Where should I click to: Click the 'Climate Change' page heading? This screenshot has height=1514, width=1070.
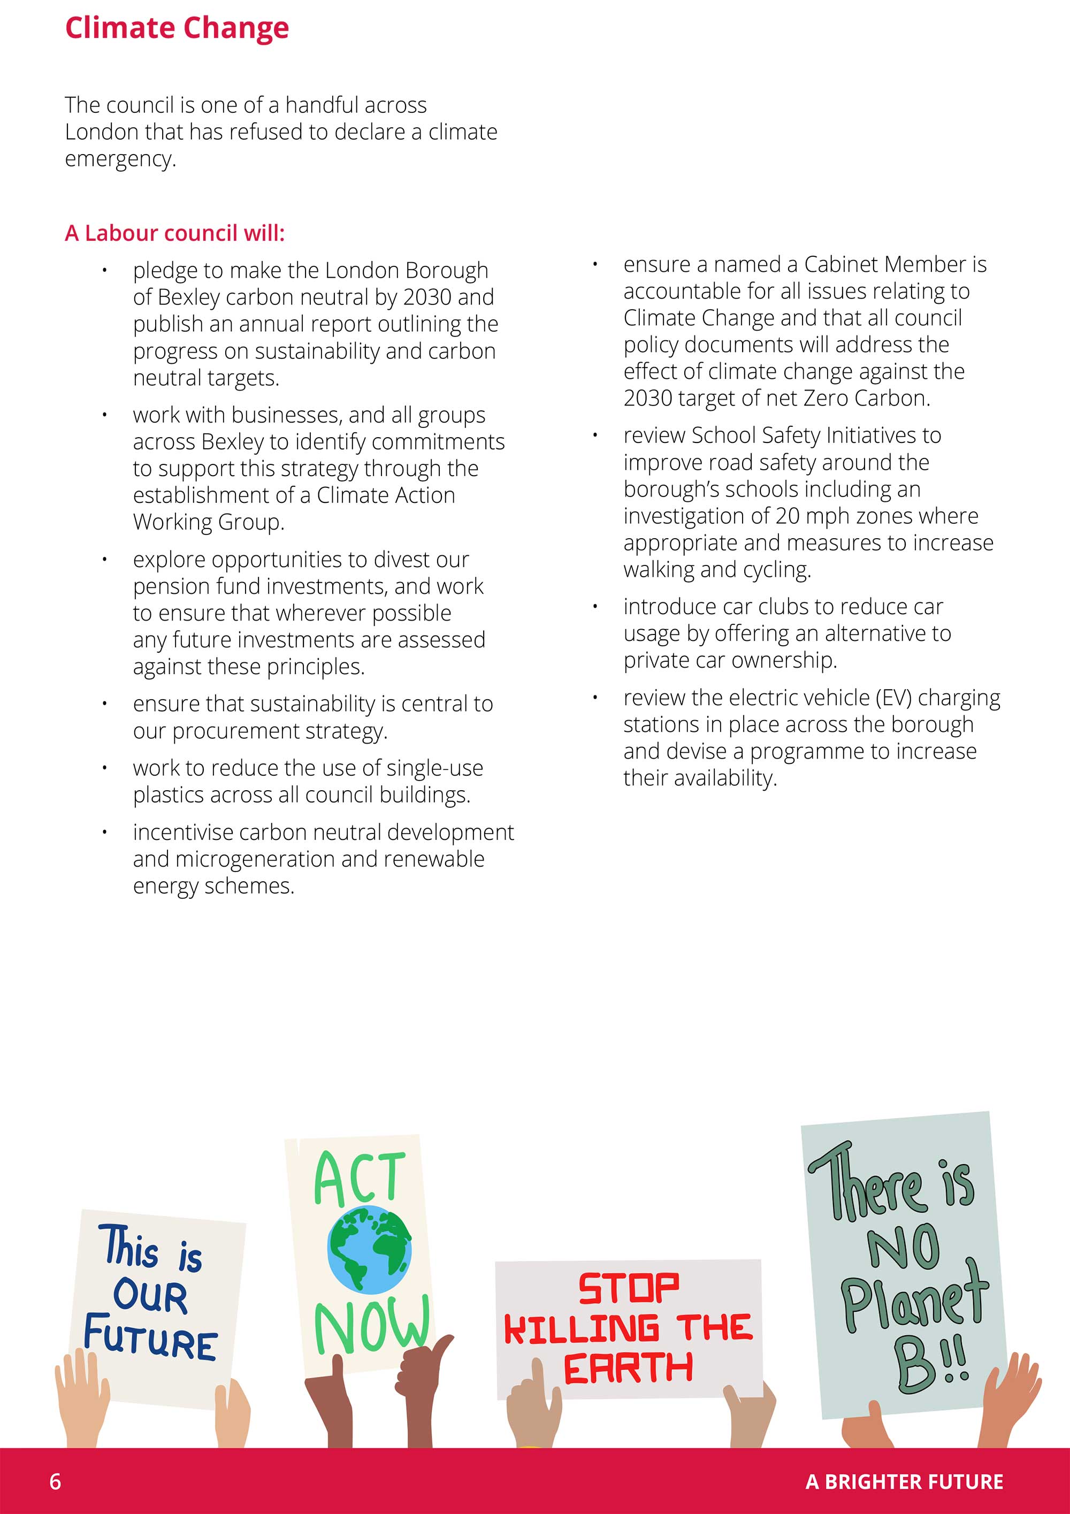(177, 28)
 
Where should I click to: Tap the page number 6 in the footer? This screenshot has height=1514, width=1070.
(56, 1482)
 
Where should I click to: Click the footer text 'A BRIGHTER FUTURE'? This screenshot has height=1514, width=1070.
(904, 1482)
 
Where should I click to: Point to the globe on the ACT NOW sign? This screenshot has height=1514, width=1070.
(369, 1249)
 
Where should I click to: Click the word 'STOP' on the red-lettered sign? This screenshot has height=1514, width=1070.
(628, 1288)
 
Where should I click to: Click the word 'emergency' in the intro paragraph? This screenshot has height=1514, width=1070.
(119, 159)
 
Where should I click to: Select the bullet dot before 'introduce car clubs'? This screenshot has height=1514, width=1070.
(595, 607)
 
